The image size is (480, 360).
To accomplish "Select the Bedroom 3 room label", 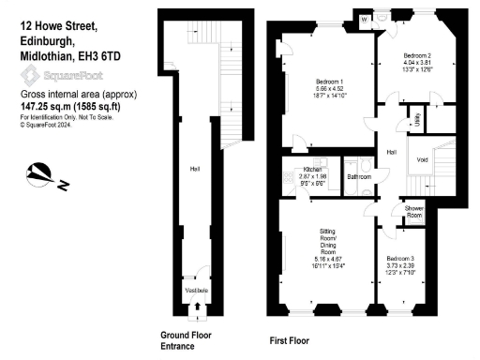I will click(x=399, y=257).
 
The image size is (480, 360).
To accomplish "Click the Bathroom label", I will click(x=359, y=176).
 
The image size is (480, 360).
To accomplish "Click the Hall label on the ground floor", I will click(x=195, y=169).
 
